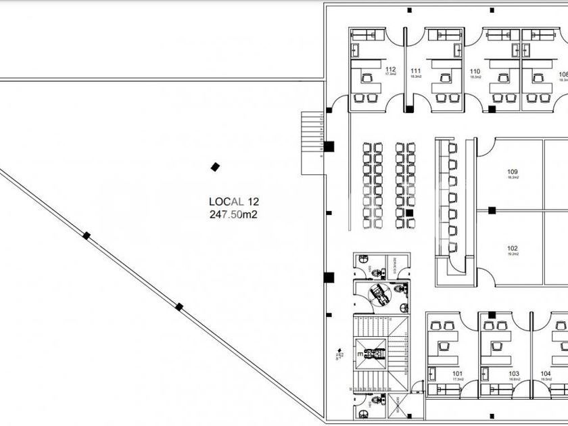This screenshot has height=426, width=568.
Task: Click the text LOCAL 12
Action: click(233, 201)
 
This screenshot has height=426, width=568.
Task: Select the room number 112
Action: click(390, 70)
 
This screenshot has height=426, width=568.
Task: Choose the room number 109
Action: click(512, 172)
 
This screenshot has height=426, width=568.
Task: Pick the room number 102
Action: click(512, 248)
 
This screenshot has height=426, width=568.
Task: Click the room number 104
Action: click(545, 373)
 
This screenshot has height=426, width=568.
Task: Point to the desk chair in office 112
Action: click(367, 78)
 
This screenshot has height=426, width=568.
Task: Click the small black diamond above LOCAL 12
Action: click(215, 166)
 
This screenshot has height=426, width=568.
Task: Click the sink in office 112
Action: click(357, 49)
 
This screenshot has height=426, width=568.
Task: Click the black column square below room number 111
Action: click(409, 108)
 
